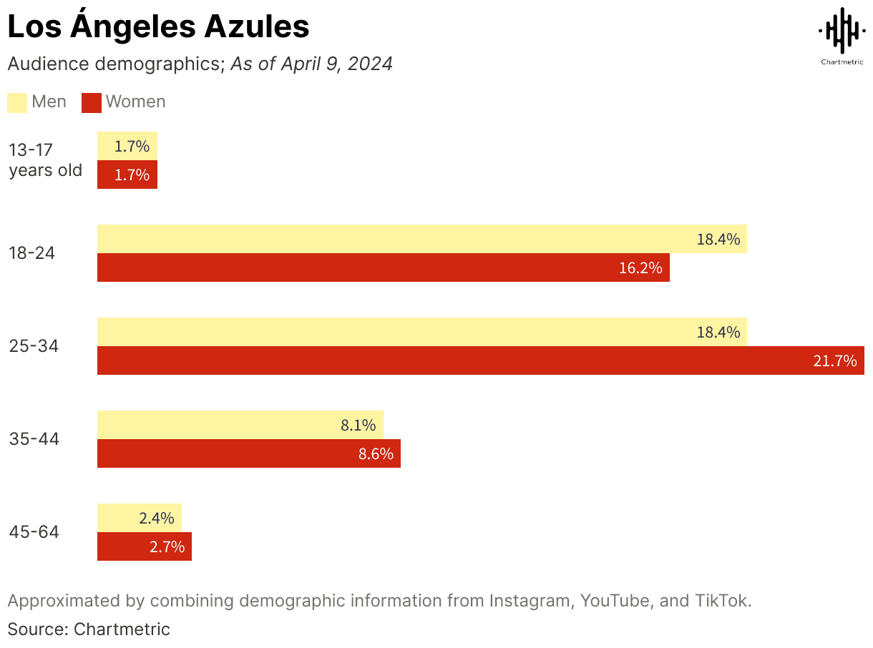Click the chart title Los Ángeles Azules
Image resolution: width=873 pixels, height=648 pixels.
point(158,27)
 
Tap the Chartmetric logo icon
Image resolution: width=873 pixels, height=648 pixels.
point(841,31)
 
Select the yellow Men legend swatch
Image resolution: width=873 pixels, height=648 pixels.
point(17,102)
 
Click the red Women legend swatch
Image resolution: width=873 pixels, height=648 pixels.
point(92,102)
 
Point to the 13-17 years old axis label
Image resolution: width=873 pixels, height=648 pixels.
point(45,160)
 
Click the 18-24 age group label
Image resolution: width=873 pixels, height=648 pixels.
point(32,253)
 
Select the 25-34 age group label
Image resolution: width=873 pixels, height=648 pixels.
point(34,346)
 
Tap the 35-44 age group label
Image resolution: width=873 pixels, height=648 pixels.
point(34,439)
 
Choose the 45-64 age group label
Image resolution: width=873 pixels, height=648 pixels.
point(34,532)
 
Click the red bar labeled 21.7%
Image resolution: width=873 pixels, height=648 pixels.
point(479,360)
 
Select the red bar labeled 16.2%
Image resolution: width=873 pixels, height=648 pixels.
point(383,267)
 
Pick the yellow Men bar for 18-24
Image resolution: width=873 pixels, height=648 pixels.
point(421,239)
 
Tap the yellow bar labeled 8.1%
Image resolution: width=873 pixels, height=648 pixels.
point(240,425)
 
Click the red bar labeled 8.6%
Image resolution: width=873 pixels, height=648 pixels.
point(248,453)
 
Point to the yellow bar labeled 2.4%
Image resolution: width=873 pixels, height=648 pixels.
point(139,518)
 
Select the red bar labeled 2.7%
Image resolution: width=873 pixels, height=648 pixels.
point(144,546)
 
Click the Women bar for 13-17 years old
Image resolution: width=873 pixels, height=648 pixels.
point(127,175)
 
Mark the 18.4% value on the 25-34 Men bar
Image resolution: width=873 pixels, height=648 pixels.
point(718,332)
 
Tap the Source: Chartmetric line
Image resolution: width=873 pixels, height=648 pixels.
point(89,629)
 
